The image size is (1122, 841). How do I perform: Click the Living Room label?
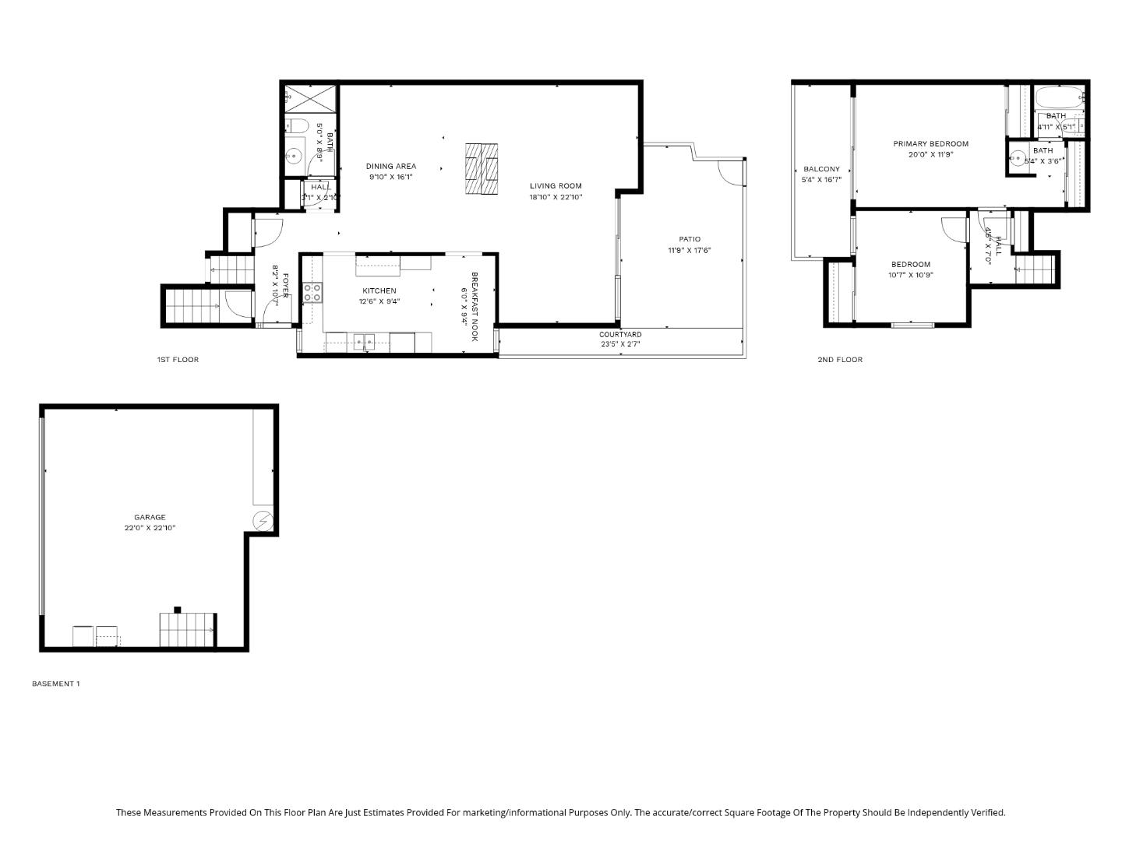556,186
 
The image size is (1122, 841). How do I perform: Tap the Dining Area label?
391,166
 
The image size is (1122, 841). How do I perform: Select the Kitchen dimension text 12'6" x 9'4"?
379,301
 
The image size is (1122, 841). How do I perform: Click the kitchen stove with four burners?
313,293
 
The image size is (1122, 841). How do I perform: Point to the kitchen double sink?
364,341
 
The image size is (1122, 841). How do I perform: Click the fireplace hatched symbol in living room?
482,168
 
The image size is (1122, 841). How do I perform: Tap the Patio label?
690,239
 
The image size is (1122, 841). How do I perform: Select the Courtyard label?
620,334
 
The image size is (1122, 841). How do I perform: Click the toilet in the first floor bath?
297,126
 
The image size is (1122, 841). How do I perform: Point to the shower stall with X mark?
310,98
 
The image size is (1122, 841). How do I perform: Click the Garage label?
150,517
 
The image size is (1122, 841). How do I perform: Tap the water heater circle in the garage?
263,521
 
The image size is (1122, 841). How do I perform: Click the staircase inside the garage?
187,629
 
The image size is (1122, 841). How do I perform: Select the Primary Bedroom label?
930,143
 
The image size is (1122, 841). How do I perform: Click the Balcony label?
821,169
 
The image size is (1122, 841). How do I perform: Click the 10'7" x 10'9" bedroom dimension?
911,275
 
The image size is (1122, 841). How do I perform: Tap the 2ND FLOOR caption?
840,360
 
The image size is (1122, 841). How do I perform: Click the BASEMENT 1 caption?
55,684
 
